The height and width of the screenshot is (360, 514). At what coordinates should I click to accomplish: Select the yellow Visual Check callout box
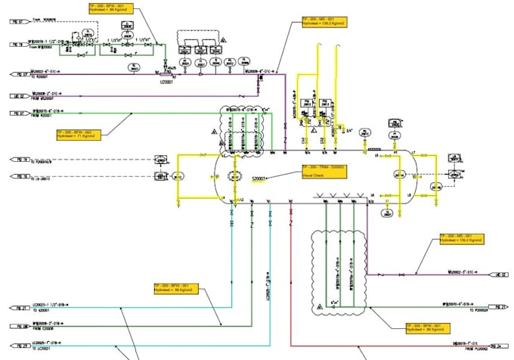(x=323, y=171)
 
